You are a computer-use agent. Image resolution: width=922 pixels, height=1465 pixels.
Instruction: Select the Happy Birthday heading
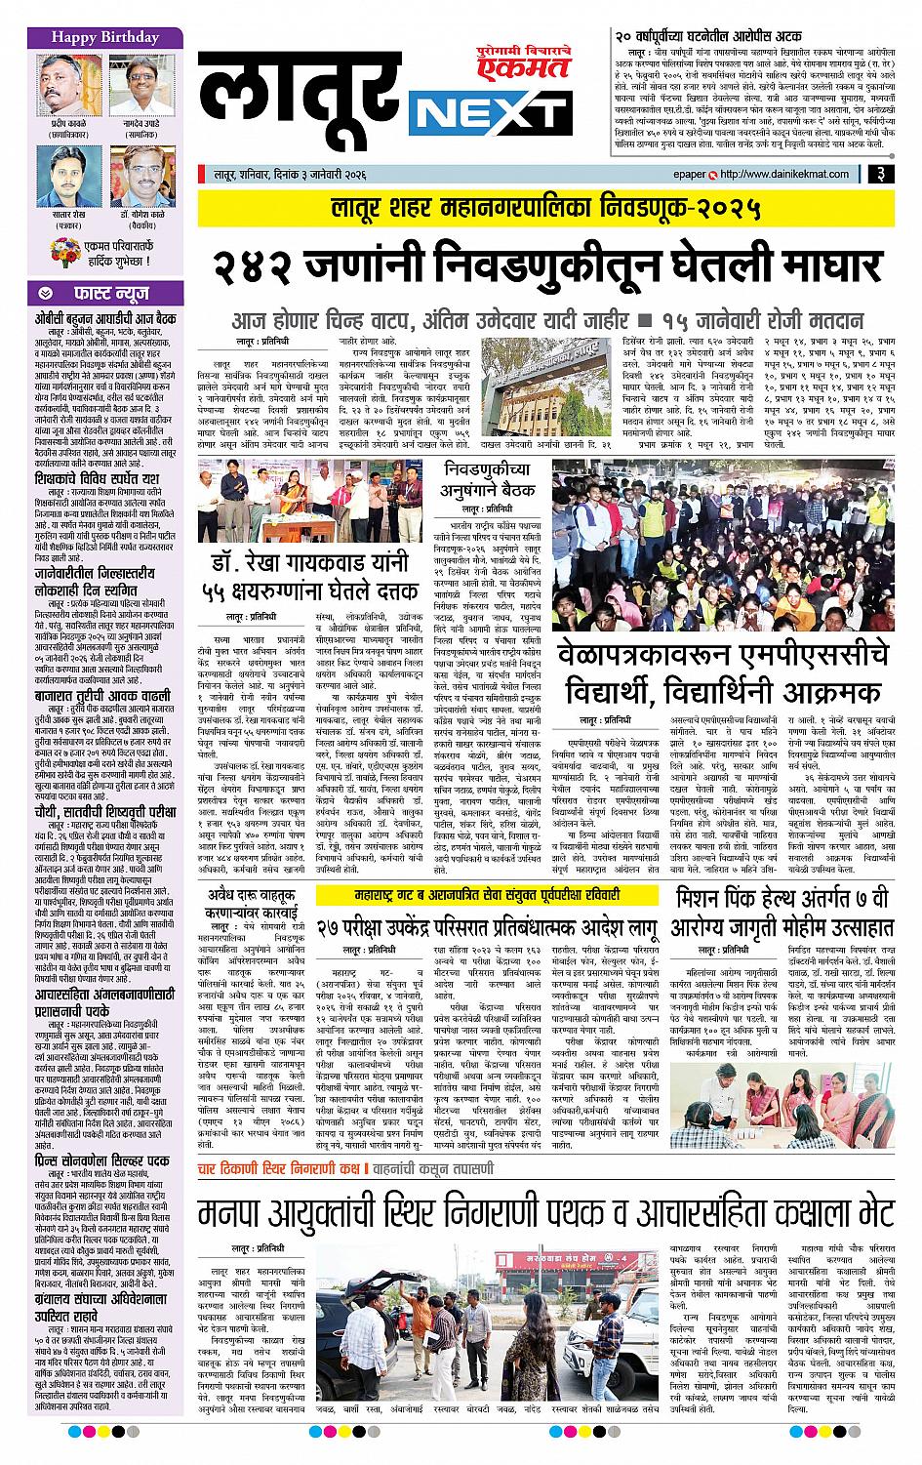pos(92,38)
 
